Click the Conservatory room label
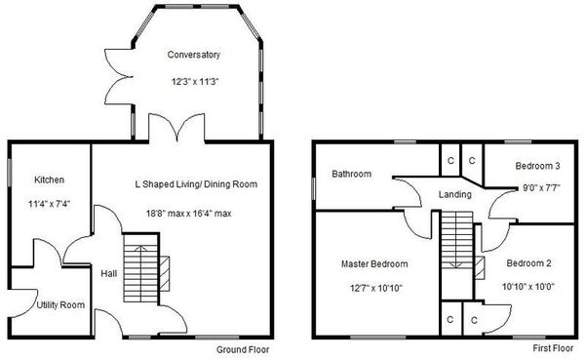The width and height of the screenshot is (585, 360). [194, 56]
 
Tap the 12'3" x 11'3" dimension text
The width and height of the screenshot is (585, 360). [194, 82]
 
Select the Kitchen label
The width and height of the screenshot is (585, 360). [49, 180]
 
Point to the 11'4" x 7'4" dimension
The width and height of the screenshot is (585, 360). [49, 205]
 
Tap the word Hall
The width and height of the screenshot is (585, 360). [108, 274]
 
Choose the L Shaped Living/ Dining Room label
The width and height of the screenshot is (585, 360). [196, 183]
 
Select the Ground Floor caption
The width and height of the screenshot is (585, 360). [245, 349]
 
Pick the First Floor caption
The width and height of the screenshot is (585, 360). [555, 349]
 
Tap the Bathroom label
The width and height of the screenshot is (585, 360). [351, 175]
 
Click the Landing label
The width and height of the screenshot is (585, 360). [455, 194]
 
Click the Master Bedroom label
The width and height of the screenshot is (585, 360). [373, 263]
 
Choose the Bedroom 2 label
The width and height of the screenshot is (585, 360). [529, 263]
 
